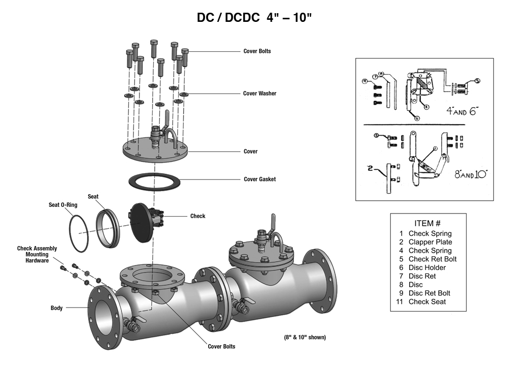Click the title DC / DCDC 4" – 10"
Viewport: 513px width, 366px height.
pos(254,18)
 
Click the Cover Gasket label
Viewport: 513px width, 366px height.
pos(260,179)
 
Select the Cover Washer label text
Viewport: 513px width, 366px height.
pos(260,94)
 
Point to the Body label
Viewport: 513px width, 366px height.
pos(56,308)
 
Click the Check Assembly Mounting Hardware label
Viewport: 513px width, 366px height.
pos(37,255)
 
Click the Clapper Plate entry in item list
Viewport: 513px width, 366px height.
pos(430,242)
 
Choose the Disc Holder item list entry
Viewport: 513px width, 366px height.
pos(427,267)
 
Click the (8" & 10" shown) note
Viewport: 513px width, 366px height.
pos(305,337)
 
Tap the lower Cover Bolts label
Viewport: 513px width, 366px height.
pos(221,347)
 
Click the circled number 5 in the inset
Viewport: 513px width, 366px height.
pos(477,80)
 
